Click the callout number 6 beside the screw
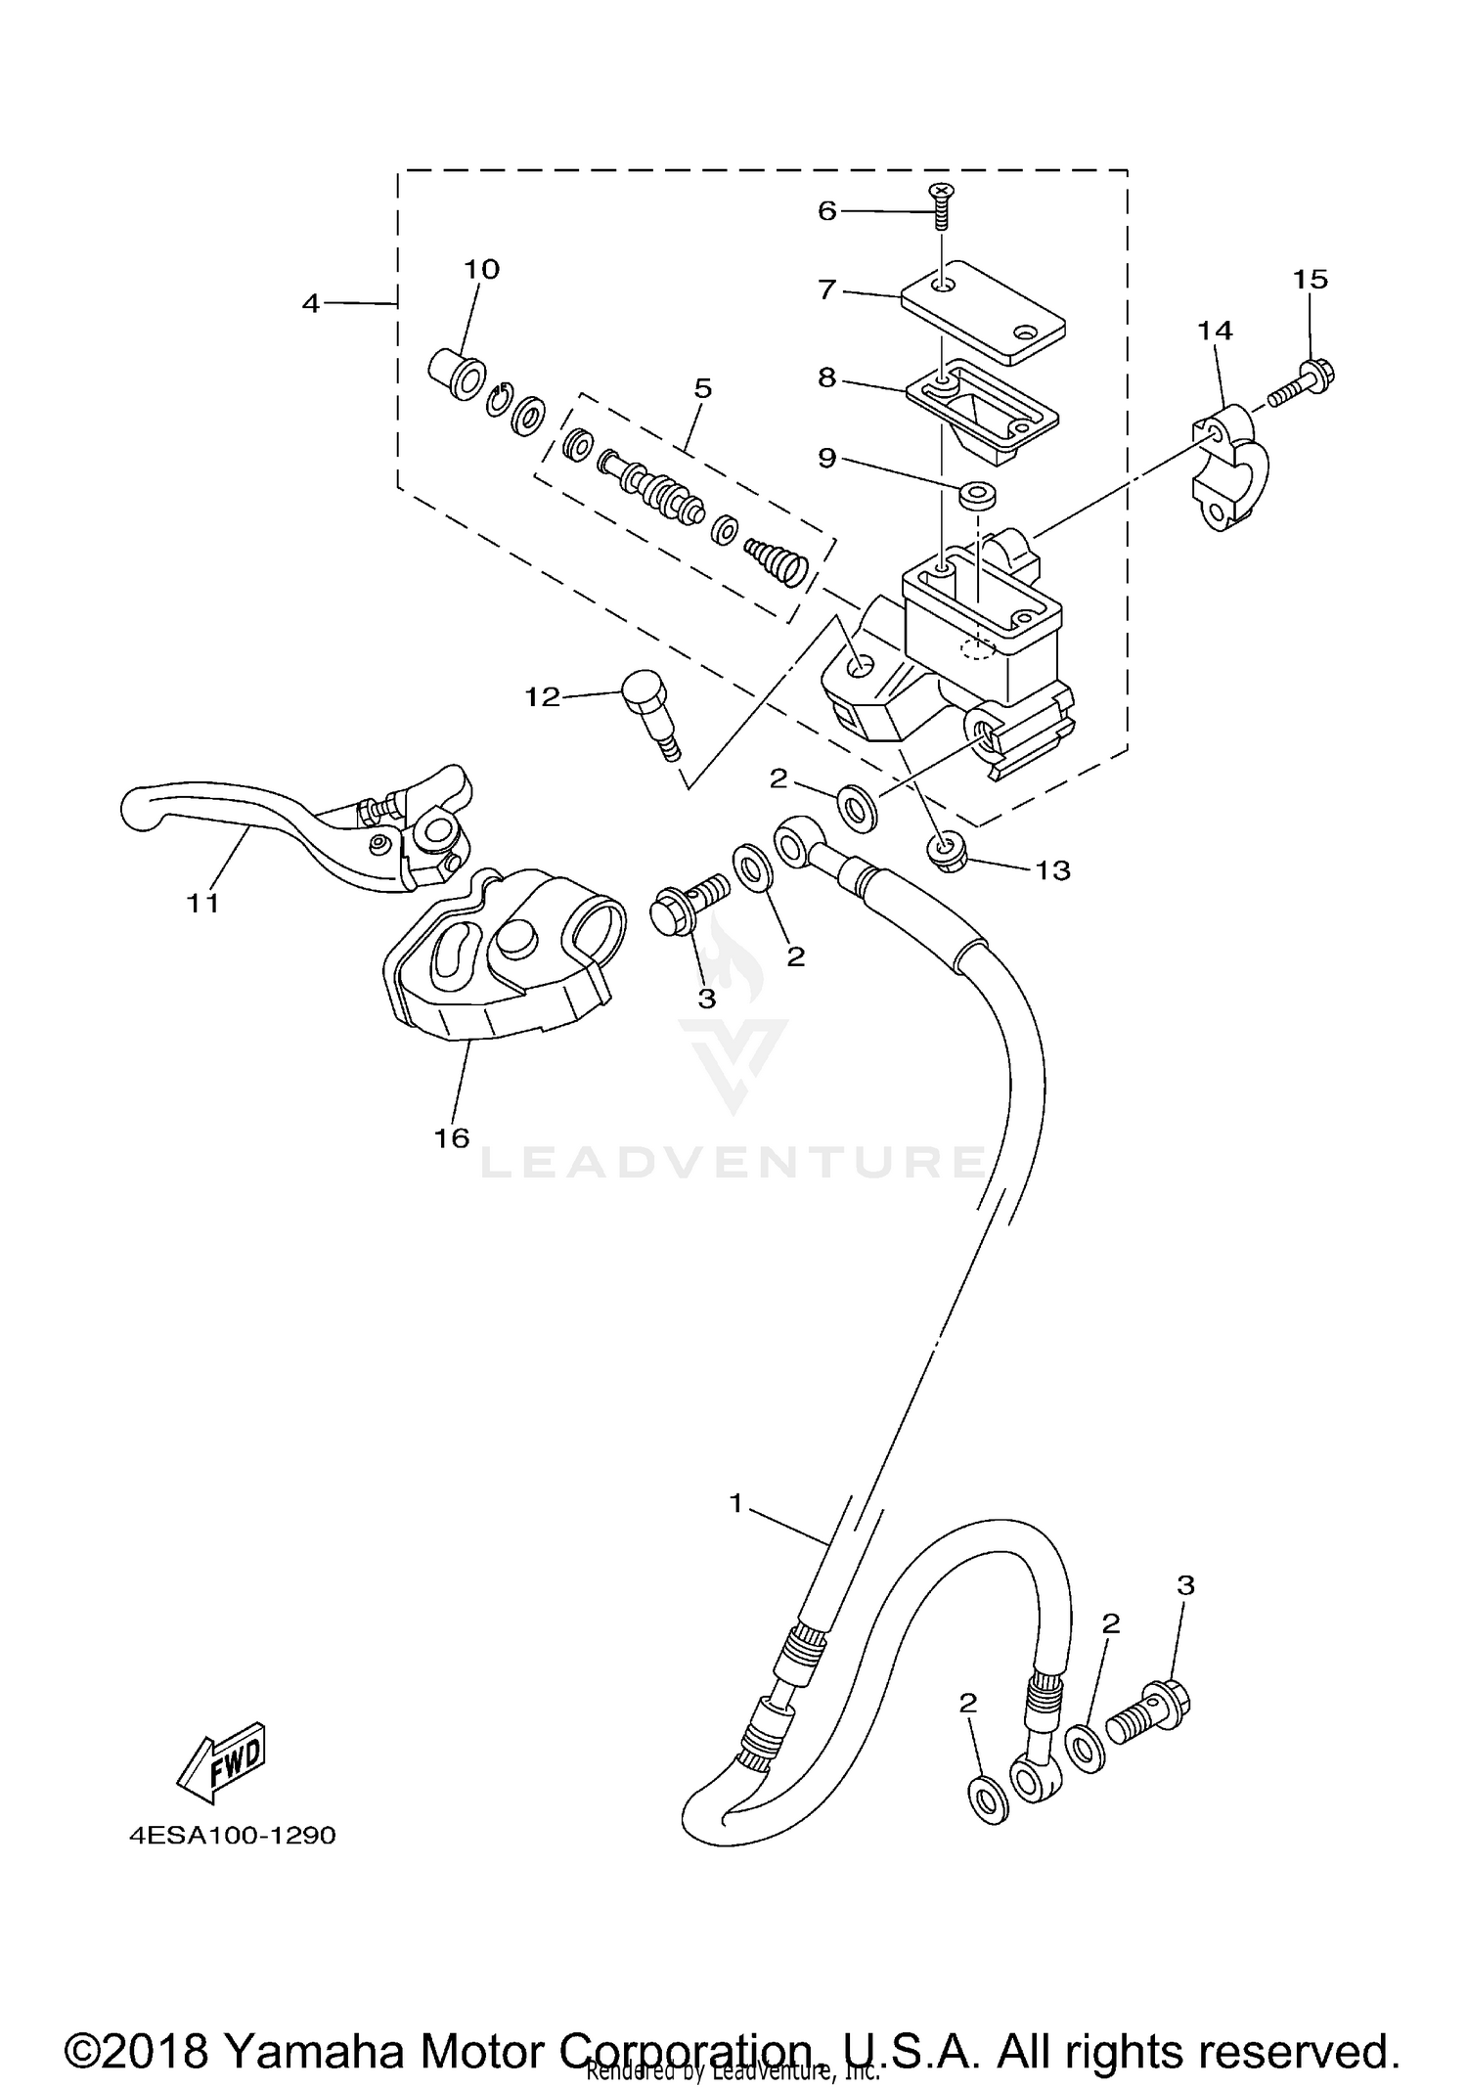click(x=826, y=211)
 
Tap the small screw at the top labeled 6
click(x=942, y=204)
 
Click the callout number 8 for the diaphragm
click(x=826, y=378)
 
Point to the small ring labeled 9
click(x=976, y=495)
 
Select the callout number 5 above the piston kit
click(x=702, y=389)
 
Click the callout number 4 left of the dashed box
click(x=310, y=304)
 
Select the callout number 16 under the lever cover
click(x=452, y=1137)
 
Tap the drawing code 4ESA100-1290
click(x=233, y=1835)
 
